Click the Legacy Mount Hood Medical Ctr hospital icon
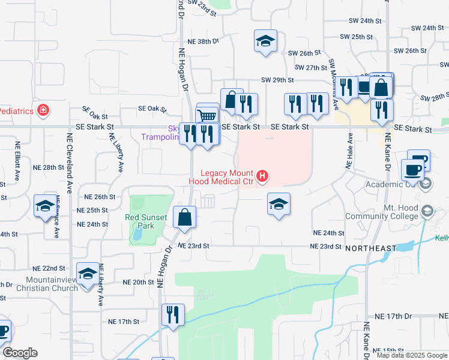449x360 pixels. point(262,176)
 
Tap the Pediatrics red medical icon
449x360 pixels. point(43,110)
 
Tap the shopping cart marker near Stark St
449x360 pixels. point(208,115)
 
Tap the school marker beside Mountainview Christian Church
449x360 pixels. point(88,275)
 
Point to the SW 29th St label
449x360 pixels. point(277,80)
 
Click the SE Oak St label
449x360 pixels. point(152,109)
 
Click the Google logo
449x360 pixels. point(20,353)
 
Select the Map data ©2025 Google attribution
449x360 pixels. point(411,355)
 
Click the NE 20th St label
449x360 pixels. point(139,282)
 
